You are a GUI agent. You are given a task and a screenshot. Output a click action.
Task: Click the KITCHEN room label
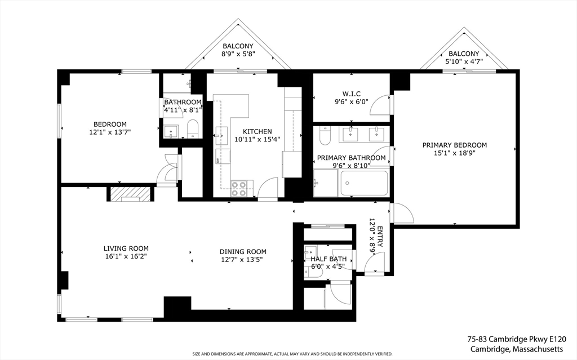pyautogui.click(x=257, y=131)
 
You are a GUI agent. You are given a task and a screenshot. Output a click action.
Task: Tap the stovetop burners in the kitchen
pyautogui.click(x=238, y=189)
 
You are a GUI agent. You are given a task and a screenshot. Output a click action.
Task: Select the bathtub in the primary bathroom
pyautogui.click(x=364, y=183)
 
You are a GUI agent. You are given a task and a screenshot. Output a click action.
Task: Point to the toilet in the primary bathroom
pyautogui.click(x=325, y=135)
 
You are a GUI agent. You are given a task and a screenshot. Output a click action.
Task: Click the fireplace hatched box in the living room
pyautogui.click(x=131, y=194)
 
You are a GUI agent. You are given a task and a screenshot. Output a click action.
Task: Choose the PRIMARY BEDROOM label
pyautogui.click(x=455, y=145)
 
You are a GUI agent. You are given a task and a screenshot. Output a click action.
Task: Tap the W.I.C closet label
pyautogui.click(x=351, y=94)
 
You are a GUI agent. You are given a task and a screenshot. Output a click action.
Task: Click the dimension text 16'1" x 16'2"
pyautogui.click(x=126, y=256)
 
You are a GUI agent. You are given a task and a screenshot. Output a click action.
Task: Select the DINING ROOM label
pyautogui.click(x=243, y=252)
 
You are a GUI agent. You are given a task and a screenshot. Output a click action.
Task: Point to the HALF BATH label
pyautogui.click(x=329, y=259)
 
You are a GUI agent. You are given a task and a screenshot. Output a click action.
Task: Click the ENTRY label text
pyautogui.click(x=380, y=237)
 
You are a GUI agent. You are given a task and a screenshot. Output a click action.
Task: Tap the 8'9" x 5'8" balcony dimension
pyautogui.click(x=238, y=54)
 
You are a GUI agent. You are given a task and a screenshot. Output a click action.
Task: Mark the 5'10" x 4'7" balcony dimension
pyautogui.click(x=464, y=61)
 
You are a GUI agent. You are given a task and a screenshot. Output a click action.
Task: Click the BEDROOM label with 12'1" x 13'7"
pyautogui.click(x=110, y=125)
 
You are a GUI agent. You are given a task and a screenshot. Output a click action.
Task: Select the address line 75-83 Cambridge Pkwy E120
pyautogui.click(x=517, y=339)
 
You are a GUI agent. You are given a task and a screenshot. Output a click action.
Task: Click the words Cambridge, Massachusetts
pyautogui.click(x=517, y=349)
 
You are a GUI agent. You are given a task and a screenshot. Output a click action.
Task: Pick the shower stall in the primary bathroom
pyautogui.click(x=325, y=183)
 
